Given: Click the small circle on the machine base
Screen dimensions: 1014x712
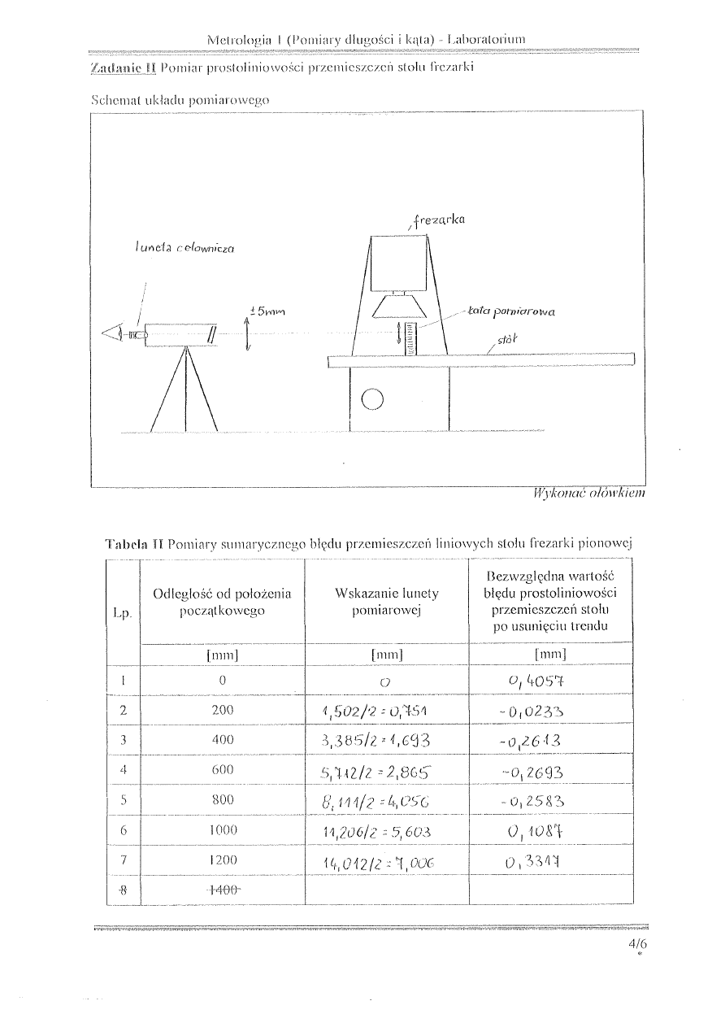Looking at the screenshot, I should click(x=372, y=399).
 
